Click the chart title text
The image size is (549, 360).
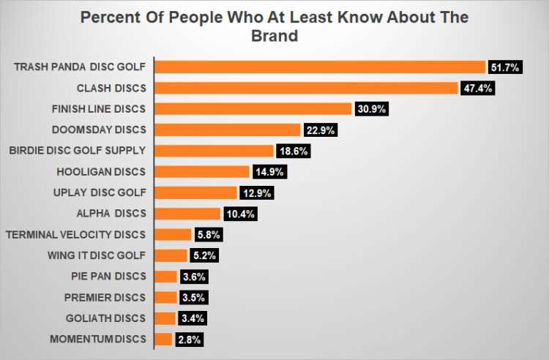click(x=274, y=26)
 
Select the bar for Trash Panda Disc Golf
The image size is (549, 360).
click(x=320, y=67)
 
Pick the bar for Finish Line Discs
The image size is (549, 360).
click(x=253, y=109)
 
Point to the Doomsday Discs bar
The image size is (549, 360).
click(x=228, y=130)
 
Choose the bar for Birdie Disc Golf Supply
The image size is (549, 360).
click(x=214, y=151)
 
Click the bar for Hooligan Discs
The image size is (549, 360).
click(x=202, y=172)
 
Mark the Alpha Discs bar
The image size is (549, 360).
click(x=187, y=214)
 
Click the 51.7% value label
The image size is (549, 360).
click(x=505, y=67)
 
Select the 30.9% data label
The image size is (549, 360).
click(x=371, y=109)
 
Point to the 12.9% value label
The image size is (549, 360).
click(x=257, y=193)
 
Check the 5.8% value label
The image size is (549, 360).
click(x=206, y=235)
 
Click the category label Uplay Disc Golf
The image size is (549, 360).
click(x=101, y=193)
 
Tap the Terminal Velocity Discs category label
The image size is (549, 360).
click(x=75, y=235)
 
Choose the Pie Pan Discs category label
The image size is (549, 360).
click(x=110, y=277)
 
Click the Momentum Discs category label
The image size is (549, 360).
click(x=98, y=340)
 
